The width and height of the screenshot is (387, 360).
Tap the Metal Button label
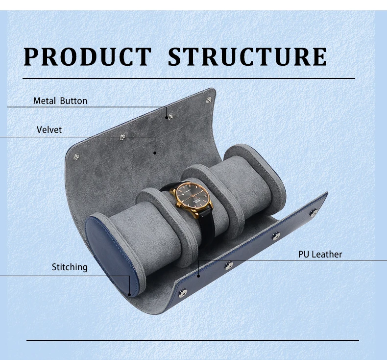click(x=60, y=101)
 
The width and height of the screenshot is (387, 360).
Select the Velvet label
click(x=49, y=130)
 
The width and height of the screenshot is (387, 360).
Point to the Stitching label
click(x=70, y=267)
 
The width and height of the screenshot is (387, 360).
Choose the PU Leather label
click(x=320, y=254)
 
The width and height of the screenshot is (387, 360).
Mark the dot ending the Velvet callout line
click(x=155, y=153)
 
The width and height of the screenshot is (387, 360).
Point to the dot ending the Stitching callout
click(x=130, y=295)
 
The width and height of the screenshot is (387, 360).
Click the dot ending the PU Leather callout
click(x=199, y=276)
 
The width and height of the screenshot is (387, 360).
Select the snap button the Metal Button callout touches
click(x=169, y=117)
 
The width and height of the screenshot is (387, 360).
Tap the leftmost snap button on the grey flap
click(x=75, y=157)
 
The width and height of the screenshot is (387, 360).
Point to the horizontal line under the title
click(x=188, y=78)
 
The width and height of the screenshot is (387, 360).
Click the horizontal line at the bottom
click(x=192, y=340)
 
